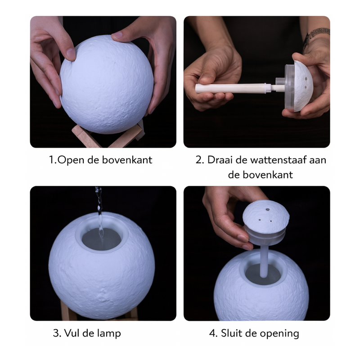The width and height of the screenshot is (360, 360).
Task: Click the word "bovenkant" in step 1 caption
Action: coord(127,160)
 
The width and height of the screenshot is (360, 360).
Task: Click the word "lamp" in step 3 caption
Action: coord(108,333)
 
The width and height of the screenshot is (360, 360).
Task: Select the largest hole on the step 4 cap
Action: coord(268,209)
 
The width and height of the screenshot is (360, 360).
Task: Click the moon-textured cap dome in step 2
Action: coord(303,86)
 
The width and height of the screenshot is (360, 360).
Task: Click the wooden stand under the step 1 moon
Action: coord(107,137)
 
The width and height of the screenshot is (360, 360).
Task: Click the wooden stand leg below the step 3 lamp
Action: coord(65,310)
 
